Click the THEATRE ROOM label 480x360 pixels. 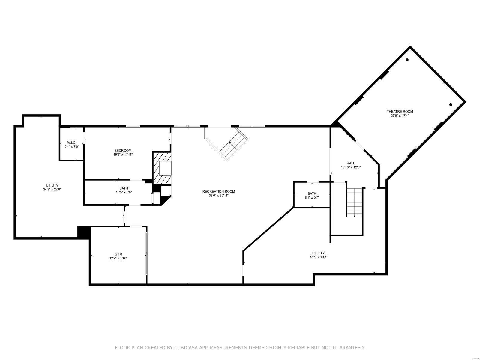[x=400, y=112]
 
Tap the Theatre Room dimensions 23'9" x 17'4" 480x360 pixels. [x=400, y=115]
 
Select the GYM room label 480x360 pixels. [x=118, y=254]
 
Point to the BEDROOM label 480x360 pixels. [x=123, y=150]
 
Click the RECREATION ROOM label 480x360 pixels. [x=218, y=191]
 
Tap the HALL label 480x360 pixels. [x=350, y=163]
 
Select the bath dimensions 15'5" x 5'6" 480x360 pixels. [x=124, y=192]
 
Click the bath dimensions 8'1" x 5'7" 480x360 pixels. [x=312, y=197]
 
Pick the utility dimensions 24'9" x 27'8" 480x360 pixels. [x=52, y=189]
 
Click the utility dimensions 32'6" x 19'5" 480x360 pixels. [x=318, y=257]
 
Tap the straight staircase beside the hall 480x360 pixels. [x=355, y=202]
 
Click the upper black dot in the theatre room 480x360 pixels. [x=407, y=60]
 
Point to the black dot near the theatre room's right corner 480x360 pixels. [x=451, y=104]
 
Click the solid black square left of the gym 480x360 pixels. [x=84, y=232]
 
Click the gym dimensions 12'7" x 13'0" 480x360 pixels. [x=118, y=258]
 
